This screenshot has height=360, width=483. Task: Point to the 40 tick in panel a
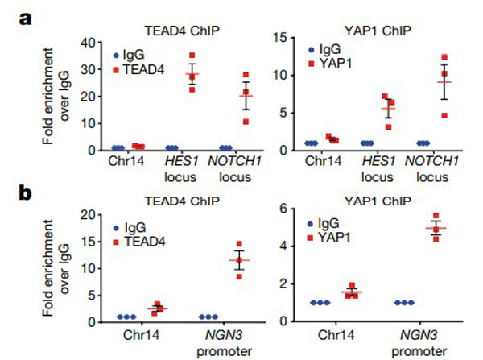[x=89, y=42]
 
